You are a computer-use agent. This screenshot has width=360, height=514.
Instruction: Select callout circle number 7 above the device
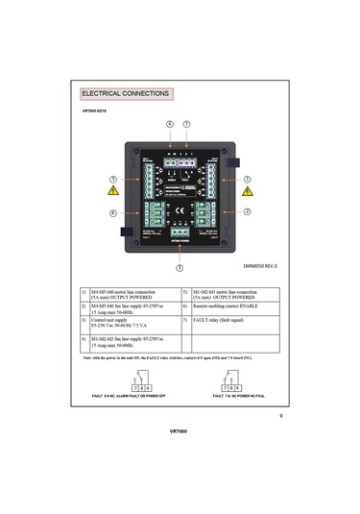[186, 125]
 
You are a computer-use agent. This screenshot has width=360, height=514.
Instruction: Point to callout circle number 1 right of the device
[248, 180]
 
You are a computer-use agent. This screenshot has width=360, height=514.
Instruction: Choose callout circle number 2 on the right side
[248, 211]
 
